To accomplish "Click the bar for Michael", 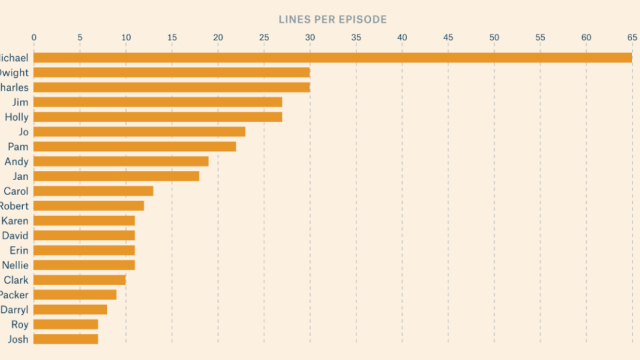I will pyautogui.click(x=333, y=57).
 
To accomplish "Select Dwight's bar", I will pyautogui.click(x=172, y=72).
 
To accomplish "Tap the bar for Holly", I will pyautogui.click(x=158, y=117).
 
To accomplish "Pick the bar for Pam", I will pyautogui.click(x=135, y=146).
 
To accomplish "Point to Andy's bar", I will pyautogui.click(x=121, y=161).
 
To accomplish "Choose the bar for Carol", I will pyautogui.click(x=93, y=191).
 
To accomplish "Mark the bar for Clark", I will pyautogui.click(x=80, y=280).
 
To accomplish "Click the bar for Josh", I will pyautogui.click(x=66, y=339).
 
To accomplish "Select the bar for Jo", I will pyautogui.click(x=139, y=131).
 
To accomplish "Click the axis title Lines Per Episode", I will pyautogui.click(x=332, y=19).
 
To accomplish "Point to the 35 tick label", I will pyautogui.click(x=356, y=38).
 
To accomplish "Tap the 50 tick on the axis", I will pyautogui.click(x=494, y=38).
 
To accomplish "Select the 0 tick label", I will pyautogui.click(x=34, y=38).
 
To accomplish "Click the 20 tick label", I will pyautogui.click(x=218, y=38).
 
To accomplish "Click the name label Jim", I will pyautogui.click(x=20, y=102).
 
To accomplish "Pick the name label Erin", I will pyautogui.click(x=18, y=250).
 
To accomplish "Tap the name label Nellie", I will pyautogui.click(x=15, y=265).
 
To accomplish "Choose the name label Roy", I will pyautogui.click(x=19, y=324).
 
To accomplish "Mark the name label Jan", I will pyautogui.click(x=19, y=176).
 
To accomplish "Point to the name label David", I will pyautogui.click(x=15, y=235).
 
